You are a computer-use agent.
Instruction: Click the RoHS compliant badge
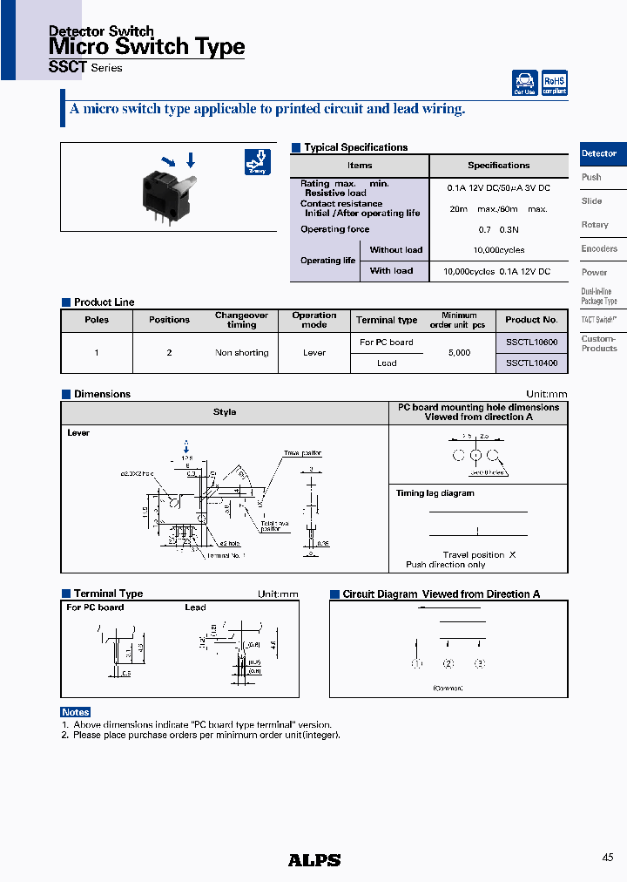click(x=555, y=83)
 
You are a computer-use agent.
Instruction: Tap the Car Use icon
click(x=525, y=83)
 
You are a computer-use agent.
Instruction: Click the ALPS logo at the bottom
click(x=314, y=860)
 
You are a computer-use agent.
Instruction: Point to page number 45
click(x=607, y=858)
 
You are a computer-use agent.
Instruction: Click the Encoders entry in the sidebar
click(x=599, y=248)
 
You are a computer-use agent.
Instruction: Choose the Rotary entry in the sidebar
click(x=595, y=225)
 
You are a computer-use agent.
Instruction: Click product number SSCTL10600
click(x=531, y=343)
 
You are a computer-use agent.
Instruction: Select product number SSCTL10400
click(x=531, y=363)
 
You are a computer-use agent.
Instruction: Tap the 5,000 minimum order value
click(x=459, y=353)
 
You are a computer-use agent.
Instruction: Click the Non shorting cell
click(x=242, y=353)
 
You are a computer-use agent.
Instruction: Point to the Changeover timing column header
click(x=242, y=320)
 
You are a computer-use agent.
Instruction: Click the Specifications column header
click(x=498, y=166)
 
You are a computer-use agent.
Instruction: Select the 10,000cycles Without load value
click(x=498, y=250)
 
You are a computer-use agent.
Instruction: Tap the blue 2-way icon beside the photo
click(x=257, y=163)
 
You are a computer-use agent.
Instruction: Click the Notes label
click(x=76, y=712)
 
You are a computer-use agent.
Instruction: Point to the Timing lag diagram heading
click(x=435, y=493)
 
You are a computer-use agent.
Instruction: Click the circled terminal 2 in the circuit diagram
click(x=448, y=664)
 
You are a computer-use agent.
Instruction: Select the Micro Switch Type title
click(x=146, y=47)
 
